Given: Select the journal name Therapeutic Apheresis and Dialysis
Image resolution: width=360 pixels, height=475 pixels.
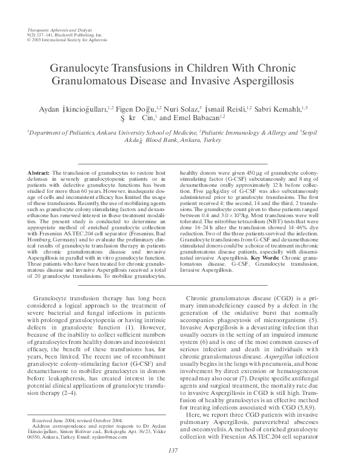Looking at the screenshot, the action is point(55,30).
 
